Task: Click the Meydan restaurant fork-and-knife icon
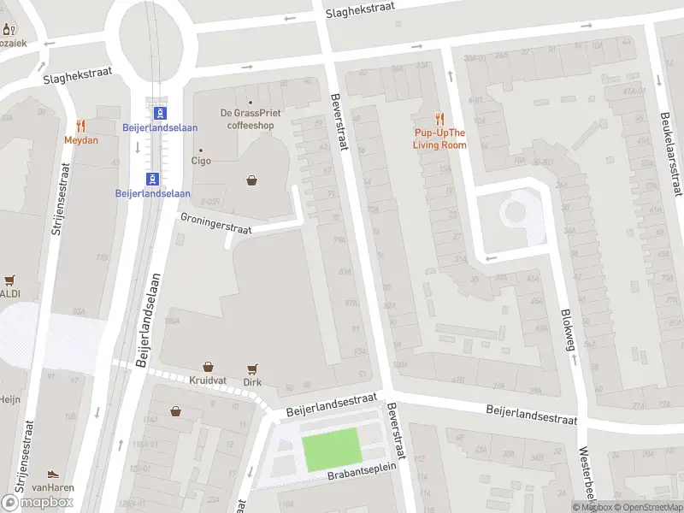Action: (x=81, y=126)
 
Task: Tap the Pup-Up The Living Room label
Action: (x=439, y=139)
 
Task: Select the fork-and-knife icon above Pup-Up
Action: (x=440, y=119)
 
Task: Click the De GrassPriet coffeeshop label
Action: (x=251, y=118)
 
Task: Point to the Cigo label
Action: (x=201, y=160)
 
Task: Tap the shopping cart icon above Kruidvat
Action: (x=207, y=366)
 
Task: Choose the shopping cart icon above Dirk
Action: (x=252, y=369)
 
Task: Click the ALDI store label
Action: (x=9, y=293)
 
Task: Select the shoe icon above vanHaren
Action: (x=53, y=474)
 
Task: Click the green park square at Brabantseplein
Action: (x=332, y=449)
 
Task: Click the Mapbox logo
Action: (x=37, y=502)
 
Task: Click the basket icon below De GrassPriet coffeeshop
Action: (x=251, y=180)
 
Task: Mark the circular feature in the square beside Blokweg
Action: (x=516, y=210)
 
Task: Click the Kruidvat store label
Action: (x=207, y=382)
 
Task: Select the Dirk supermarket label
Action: (x=251, y=382)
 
